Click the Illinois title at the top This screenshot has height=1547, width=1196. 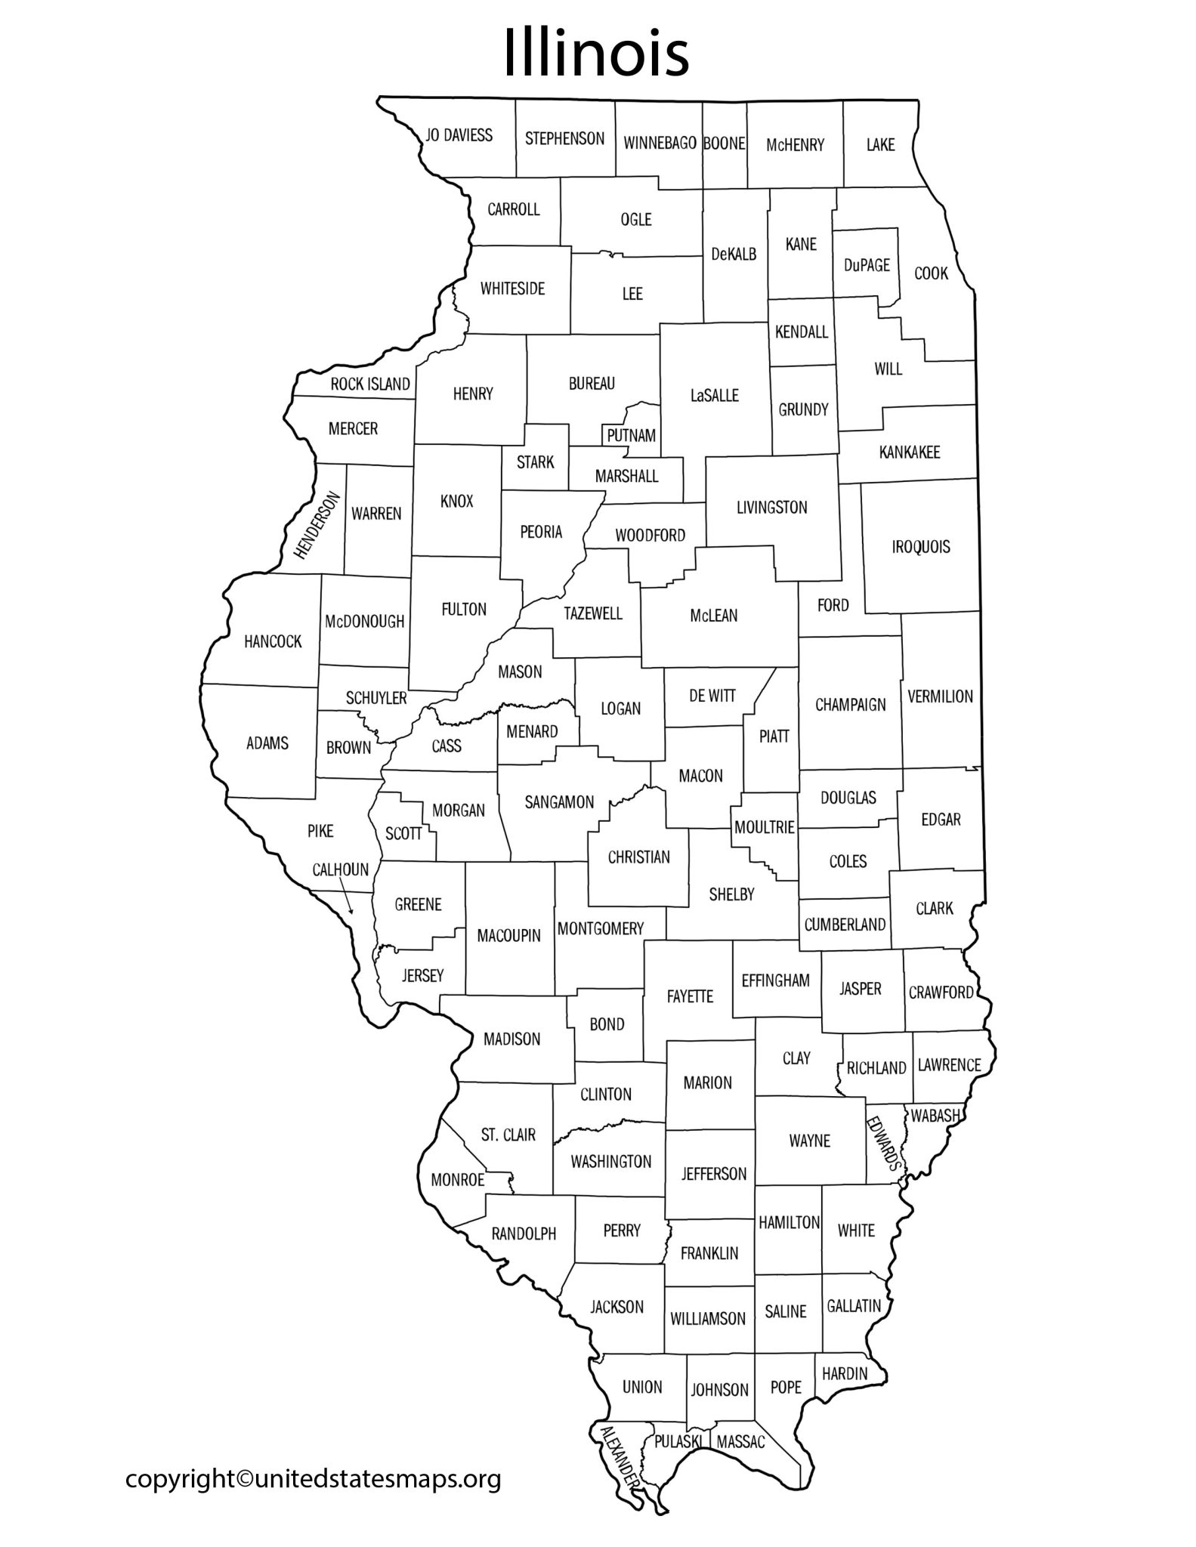tap(596, 54)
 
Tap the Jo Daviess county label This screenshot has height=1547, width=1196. tap(459, 135)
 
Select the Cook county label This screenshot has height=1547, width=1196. tap(931, 273)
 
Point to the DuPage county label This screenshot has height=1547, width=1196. tap(867, 265)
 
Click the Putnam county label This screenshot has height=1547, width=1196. tap(631, 436)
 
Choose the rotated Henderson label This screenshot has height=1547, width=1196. tap(317, 526)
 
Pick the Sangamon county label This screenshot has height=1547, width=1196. tap(559, 802)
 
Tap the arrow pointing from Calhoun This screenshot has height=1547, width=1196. tap(348, 900)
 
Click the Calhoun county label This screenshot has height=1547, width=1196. tap(340, 869)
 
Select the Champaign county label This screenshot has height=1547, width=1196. tap(850, 705)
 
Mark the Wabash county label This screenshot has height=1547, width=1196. tap(935, 1115)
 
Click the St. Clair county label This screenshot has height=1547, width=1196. tap(508, 1135)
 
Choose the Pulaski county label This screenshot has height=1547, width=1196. tap(677, 1441)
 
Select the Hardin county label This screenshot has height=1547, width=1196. tap(844, 1373)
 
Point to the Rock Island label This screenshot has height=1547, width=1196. tap(370, 384)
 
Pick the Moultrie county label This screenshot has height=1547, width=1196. tap(765, 828)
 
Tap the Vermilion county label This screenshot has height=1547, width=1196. tap(940, 696)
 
